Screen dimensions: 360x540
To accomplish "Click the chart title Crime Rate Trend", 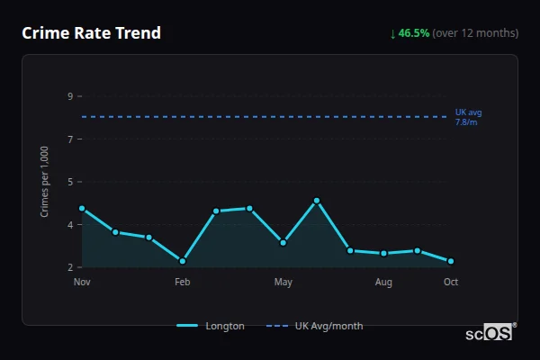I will pos(91,33).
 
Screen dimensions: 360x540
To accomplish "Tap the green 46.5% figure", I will pos(414,33).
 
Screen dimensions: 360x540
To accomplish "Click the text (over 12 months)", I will pos(475,33).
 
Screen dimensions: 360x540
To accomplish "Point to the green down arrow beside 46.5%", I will pos(392,33).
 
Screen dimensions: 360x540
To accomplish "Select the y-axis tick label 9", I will pos(70,96).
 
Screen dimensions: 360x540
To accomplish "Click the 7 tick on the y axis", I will pos(70,139).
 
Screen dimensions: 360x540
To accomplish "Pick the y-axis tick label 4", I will pos(70,225).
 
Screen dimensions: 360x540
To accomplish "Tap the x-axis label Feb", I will pos(183,283).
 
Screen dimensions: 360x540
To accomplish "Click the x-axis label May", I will pos(283,283).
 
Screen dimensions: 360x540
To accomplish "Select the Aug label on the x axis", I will pos(383,283).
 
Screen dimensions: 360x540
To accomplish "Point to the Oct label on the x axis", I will pos(451,283).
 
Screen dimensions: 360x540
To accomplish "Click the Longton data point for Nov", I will pos(82,209).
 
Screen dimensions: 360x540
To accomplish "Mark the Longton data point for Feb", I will pos(183,261).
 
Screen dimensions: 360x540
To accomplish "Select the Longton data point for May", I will pos(283,242).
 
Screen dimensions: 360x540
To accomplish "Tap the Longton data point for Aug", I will pos(383,253).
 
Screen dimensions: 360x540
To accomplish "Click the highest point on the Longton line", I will pos(317,201).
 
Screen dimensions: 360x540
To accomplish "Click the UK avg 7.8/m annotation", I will pos(467,117).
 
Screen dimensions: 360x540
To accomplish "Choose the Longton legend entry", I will pos(211,326).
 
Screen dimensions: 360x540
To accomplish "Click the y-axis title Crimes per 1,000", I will pos(45,182).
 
